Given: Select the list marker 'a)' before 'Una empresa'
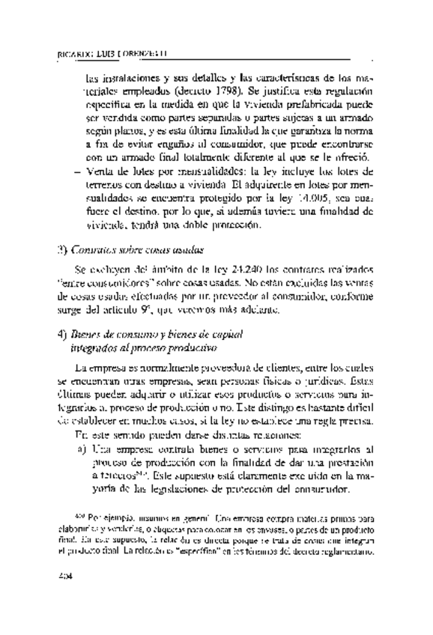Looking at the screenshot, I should (81, 449).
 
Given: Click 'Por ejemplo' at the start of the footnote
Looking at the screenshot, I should (95, 519).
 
